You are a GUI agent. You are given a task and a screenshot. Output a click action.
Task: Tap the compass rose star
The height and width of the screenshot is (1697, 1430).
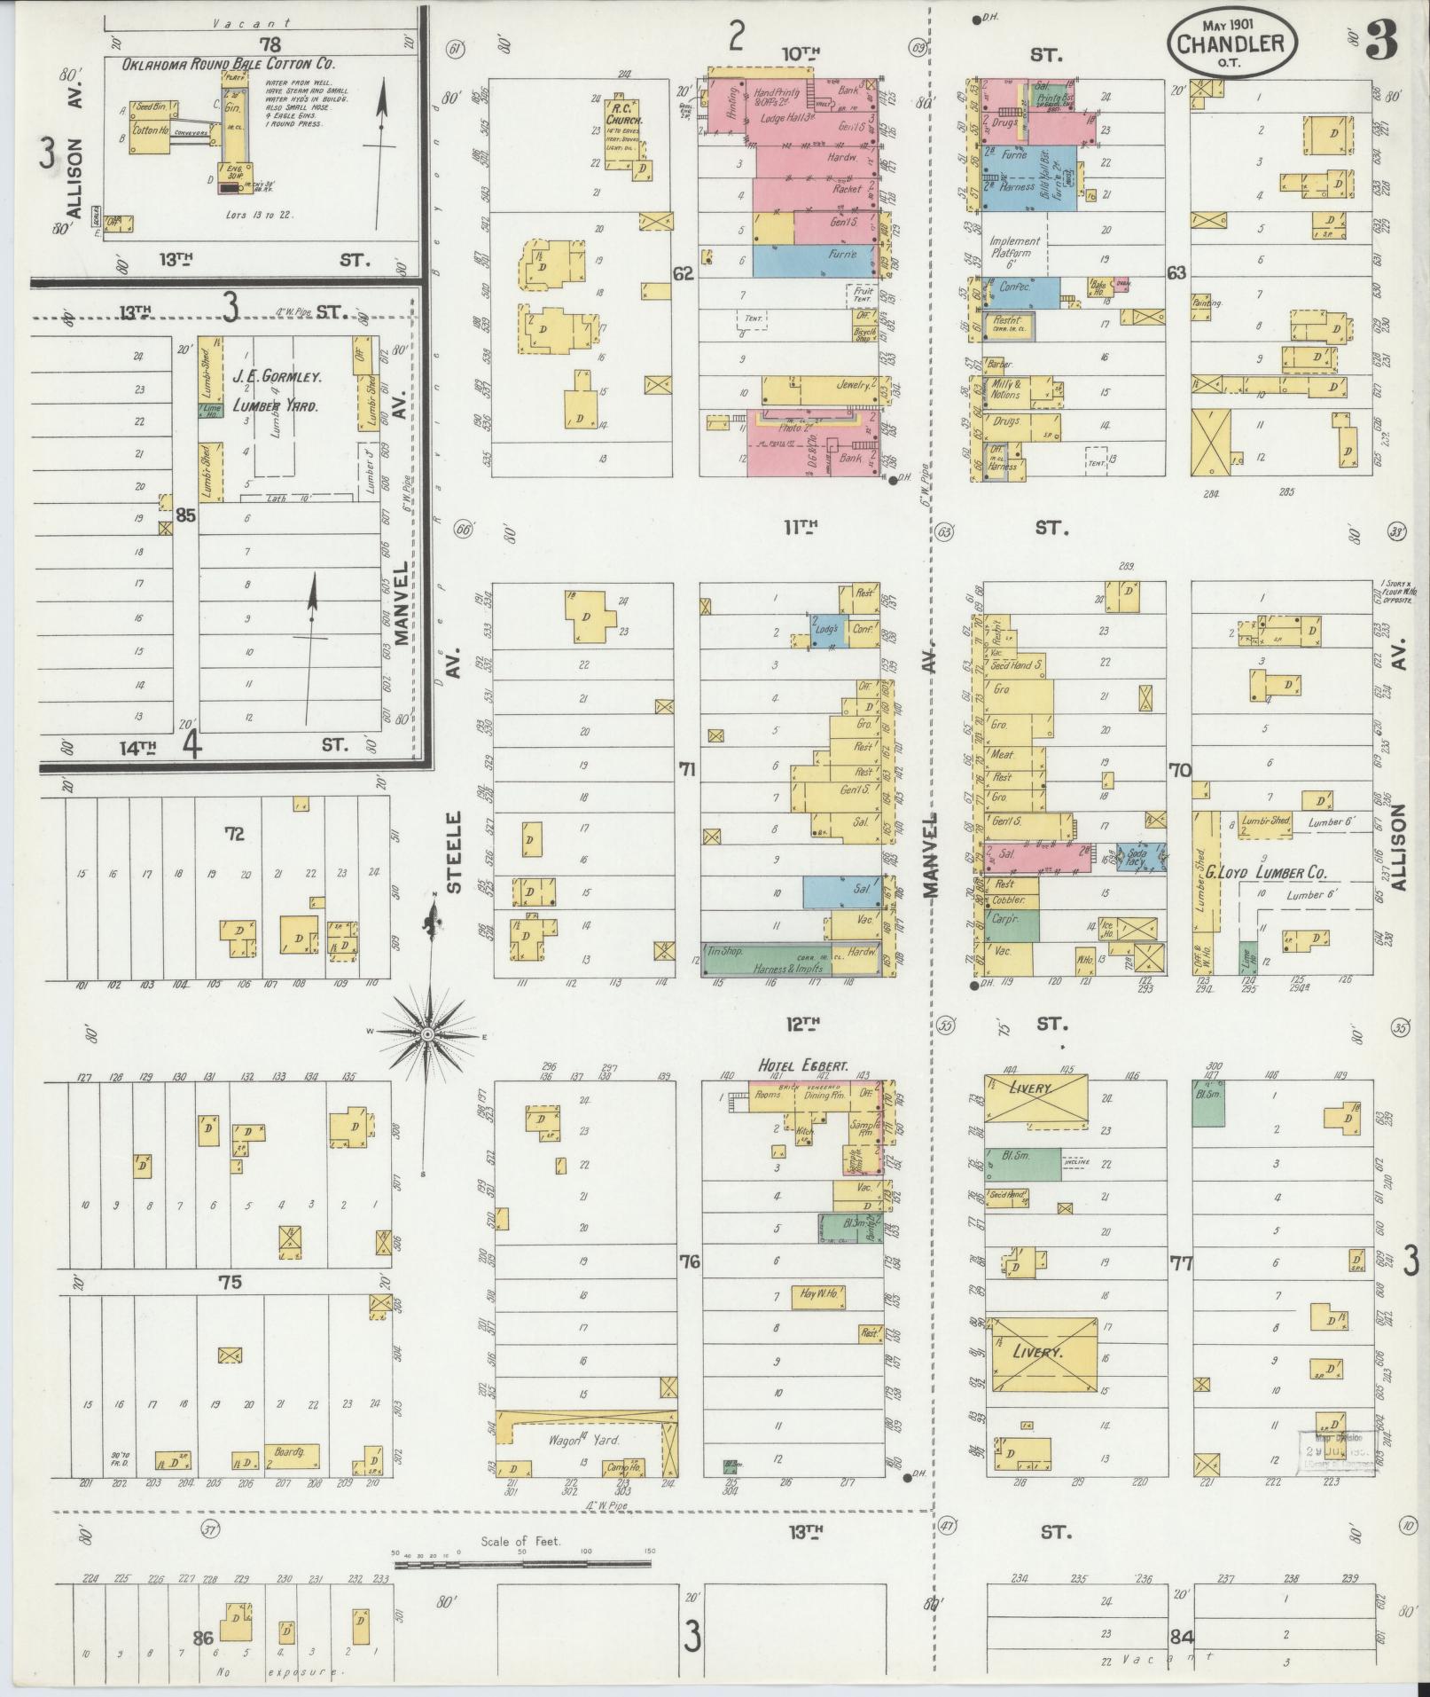pyautogui.click(x=426, y=1034)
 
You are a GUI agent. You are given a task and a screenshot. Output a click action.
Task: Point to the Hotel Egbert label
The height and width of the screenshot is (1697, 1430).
pyautogui.click(x=802, y=1065)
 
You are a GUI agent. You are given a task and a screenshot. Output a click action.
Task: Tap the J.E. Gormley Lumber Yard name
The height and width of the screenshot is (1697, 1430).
pyautogui.click(x=277, y=390)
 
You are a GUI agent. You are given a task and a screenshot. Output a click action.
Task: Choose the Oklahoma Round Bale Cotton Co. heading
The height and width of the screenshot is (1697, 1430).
pyautogui.click(x=228, y=64)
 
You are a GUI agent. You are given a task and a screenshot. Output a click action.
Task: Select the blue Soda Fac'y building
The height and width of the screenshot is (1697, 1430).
pyautogui.click(x=1140, y=857)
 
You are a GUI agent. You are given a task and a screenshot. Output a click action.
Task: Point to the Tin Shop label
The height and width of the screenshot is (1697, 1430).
pyautogui.click(x=727, y=951)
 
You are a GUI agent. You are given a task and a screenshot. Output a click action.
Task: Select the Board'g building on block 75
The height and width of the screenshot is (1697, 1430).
pyautogui.click(x=292, y=1454)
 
